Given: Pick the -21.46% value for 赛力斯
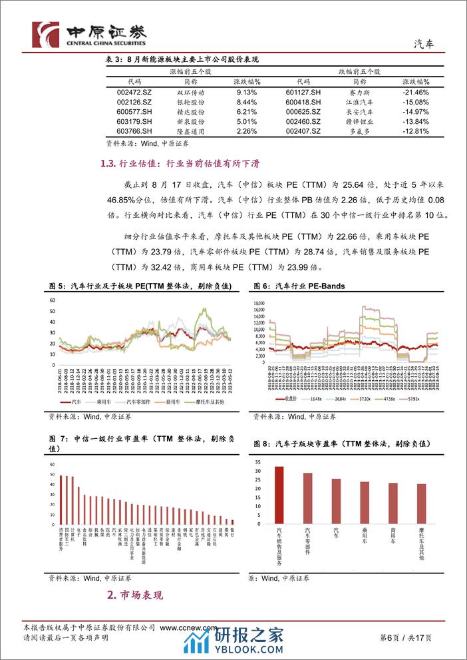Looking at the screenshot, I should [415, 92].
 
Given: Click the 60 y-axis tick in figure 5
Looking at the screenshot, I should [53, 301].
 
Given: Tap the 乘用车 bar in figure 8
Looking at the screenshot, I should [365, 502].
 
